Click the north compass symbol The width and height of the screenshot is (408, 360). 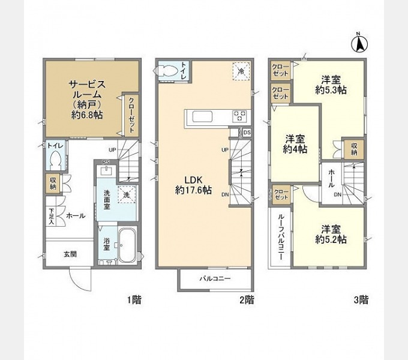click(x=358, y=43)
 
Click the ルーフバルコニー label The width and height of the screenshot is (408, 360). click(x=280, y=237)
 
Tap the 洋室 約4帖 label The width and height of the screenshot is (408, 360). click(x=296, y=143)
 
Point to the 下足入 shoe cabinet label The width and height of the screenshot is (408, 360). click(x=52, y=215)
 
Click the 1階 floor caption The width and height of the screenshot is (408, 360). click(x=134, y=299)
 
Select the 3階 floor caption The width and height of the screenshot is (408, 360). click(x=359, y=299)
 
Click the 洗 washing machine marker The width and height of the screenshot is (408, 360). click(x=127, y=194)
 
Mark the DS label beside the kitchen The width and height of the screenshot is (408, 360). click(x=247, y=131)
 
